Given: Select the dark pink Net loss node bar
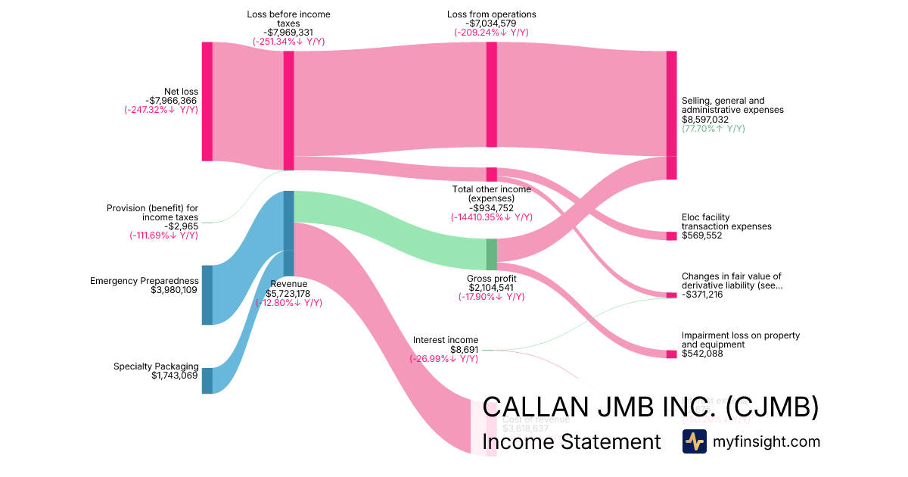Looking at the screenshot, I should [207, 101].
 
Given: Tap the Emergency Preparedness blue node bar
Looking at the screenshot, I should [207, 295].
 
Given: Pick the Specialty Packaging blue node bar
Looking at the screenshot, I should [207, 381].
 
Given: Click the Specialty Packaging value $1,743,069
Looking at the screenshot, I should [175, 376].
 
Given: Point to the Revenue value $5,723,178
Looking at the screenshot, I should [288, 294].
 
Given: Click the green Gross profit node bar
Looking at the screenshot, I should [492, 254].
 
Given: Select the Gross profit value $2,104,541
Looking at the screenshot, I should [491, 288].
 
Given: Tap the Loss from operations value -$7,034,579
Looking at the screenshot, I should [491, 23].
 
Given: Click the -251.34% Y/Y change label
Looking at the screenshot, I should [288, 42].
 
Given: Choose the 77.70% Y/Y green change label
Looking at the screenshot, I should [713, 129].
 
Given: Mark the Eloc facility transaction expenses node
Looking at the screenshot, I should [671, 235].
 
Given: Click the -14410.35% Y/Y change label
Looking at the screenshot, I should [491, 217].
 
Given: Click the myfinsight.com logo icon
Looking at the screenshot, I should [694, 441].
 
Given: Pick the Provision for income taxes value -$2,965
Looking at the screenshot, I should [181, 226].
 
